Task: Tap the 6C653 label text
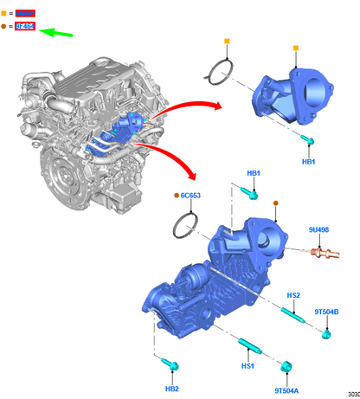click(x=191, y=196)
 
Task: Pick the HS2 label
click(x=293, y=295)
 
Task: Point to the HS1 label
click(x=248, y=367)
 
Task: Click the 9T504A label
click(x=287, y=389)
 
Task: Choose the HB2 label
click(x=171, y=389)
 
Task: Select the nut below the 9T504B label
click(x=328, y=332)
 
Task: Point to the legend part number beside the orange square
click(x=25, y=14)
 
